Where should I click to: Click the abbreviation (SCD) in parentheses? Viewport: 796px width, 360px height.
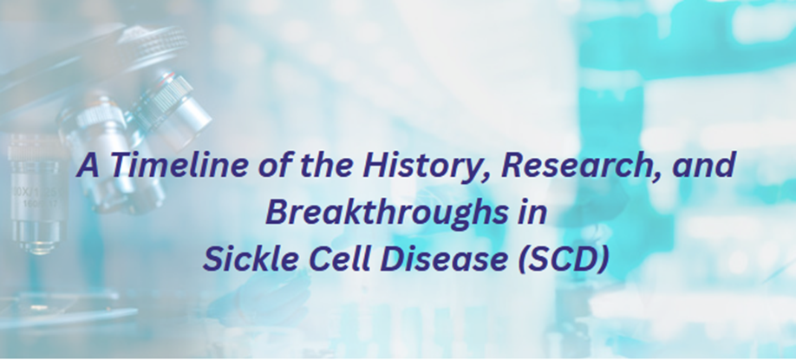[x=564, y=259]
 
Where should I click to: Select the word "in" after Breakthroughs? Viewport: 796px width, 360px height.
[x=533, y=212]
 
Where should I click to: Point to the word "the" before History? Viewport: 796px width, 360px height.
[x=325, y=165]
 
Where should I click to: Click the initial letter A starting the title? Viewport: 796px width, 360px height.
[x=88, y=166]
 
